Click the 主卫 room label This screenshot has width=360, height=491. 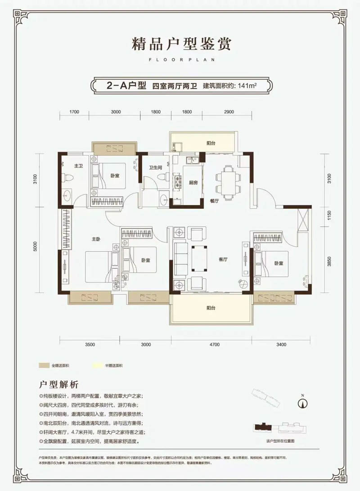point(78,166)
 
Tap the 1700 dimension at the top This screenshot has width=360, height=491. point(75,112)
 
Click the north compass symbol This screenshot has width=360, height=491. point(303,402)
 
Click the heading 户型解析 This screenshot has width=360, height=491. point(59,384)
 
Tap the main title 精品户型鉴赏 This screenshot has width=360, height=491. point(180,45)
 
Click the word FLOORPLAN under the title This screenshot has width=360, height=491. point(180,59)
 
